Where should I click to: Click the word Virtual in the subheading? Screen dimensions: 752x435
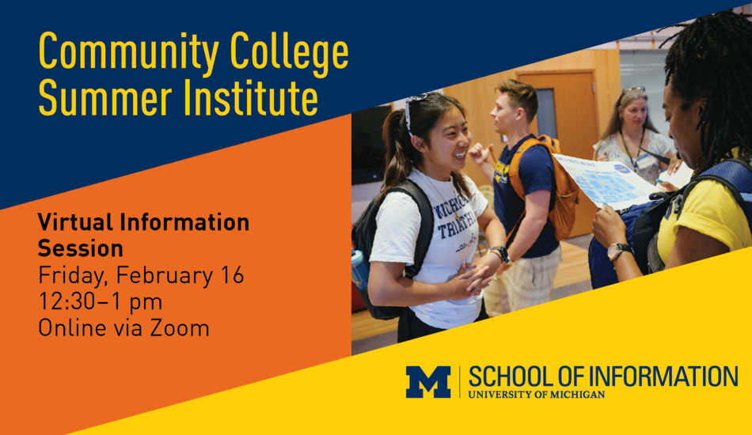coord(76,221)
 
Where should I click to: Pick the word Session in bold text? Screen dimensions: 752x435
coord(80,248)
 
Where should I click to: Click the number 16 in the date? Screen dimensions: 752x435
coord(232,275)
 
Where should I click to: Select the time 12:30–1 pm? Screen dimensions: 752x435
coord(100,302)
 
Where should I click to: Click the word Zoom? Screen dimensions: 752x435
coord(180,328)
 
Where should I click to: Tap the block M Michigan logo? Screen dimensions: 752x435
coord(428,382)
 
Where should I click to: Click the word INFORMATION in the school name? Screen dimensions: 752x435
coord(663,376)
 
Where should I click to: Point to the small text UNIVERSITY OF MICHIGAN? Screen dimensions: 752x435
coord(536,395)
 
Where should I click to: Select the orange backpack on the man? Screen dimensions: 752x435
coord(549,184)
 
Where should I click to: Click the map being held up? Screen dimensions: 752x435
coord(607,181)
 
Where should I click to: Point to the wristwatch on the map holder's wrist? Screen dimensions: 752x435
coord(617,251)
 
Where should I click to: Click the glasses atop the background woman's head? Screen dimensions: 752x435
coord(633,89)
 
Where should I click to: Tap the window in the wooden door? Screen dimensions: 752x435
coord(546,114)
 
